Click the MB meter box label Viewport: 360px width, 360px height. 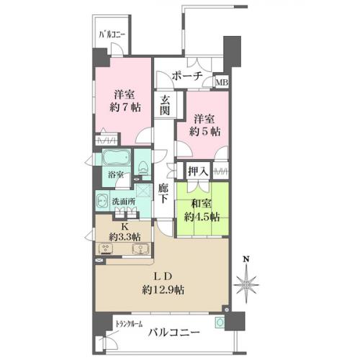[x=222, y=83]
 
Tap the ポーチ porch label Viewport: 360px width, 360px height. [x=187, y=76]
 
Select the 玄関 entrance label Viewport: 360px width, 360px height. [x=165, y=105]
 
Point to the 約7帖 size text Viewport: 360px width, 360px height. [x=125, y=107]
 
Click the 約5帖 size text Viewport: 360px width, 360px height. [x=204, y=131]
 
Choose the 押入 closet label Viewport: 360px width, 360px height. [x=198, y=171]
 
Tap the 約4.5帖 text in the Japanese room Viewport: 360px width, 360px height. [x=202, y=217]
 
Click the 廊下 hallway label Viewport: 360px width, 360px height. [x=163, y=194]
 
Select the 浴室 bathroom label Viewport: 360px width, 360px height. [x=116, y=174]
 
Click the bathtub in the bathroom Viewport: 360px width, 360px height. [x=117, y=158]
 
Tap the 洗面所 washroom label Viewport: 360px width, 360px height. [x=124, y=202]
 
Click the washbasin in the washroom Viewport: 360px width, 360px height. [x=103, y=201]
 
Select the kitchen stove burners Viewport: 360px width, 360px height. [x=106, y=249]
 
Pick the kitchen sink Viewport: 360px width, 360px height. [x=140, y=248]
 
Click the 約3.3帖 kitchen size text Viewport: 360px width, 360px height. [x=125, y=237]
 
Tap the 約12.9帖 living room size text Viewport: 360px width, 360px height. [x=163, y=290]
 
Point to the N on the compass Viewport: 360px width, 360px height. [x=246, y=259]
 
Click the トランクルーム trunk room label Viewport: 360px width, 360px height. [x=129, y=324]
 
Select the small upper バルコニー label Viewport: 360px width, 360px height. [x=112, y=35]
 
